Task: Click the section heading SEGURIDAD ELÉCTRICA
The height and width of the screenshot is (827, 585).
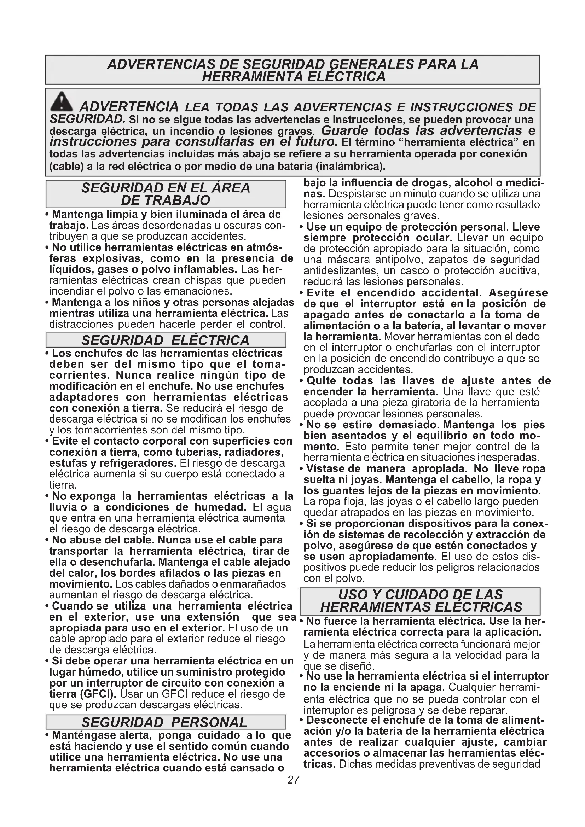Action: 165,340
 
